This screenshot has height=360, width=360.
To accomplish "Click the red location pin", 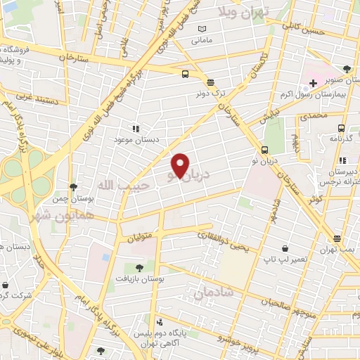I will pos(180,166).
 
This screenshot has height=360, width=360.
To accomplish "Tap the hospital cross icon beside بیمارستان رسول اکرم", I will pos(313,83).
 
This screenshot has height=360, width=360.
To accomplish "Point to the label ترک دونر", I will pos(210,93).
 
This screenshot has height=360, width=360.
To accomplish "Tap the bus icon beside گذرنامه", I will pos(341,128).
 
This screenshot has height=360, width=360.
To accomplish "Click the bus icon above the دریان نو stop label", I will pos(265,150).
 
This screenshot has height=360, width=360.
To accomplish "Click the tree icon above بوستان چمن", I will pos(73,187).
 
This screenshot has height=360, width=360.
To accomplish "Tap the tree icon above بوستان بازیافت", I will pos(139,267).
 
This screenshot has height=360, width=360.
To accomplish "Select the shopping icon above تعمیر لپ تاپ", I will pos(285,248).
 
